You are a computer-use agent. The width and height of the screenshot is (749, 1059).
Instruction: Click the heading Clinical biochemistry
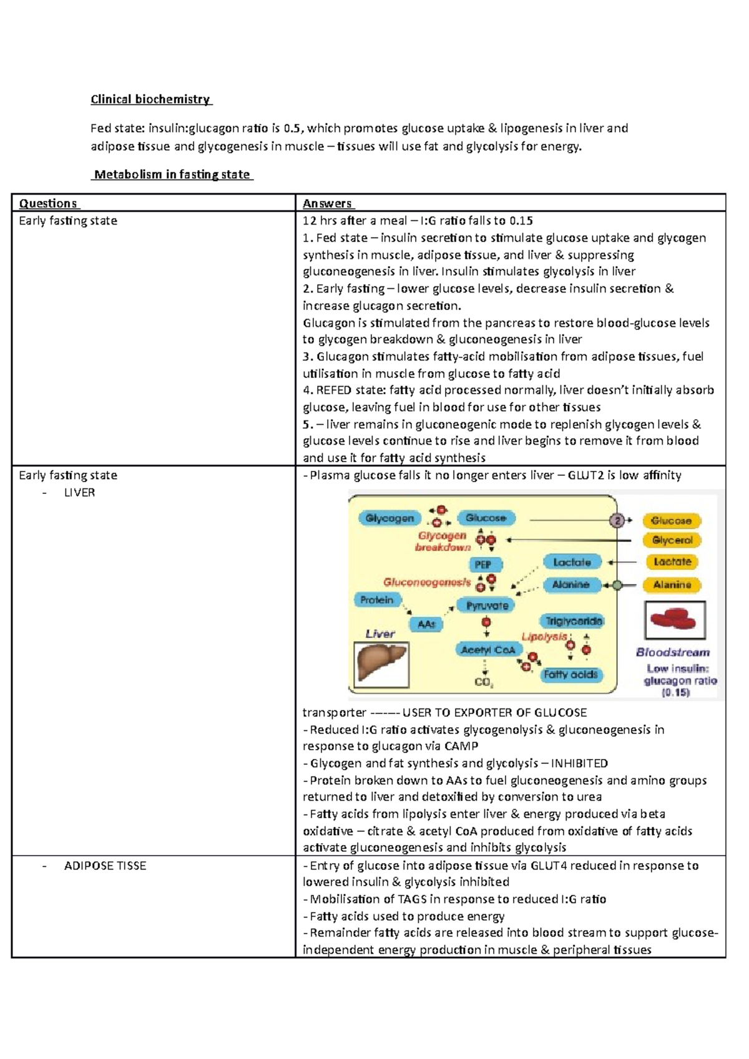coord(150,99)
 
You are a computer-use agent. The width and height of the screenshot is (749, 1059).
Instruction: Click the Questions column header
coord(48,203)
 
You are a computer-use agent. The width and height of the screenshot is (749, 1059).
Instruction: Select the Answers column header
coord(327,203)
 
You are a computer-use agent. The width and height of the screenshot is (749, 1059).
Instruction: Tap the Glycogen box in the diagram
coord(389,518)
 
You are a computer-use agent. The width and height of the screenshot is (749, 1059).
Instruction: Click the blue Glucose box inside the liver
coord(486,518)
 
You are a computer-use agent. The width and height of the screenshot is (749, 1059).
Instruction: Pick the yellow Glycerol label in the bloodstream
coord(672,540)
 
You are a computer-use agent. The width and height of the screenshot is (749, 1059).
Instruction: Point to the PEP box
coord(482,564)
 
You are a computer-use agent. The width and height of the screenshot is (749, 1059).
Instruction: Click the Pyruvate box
coord(487,606)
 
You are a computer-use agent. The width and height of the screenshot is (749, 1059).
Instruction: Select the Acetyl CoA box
coord(488,650)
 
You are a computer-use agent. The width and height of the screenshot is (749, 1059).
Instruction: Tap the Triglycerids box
coord(574,621)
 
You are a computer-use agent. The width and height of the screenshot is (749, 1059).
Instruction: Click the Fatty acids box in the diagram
coord(570,674)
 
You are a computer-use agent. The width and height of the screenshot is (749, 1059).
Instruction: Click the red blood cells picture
coord(675,620)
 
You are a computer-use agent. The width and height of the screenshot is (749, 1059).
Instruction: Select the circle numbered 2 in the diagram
coord(617,521)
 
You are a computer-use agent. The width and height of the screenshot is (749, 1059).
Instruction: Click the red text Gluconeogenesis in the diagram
coord(427,583)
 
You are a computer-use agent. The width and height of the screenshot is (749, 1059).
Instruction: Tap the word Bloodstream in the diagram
coord(673,652)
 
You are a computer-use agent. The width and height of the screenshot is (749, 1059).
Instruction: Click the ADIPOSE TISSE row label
coord(105,866)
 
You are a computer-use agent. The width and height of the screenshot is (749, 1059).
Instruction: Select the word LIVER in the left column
coord(79,493)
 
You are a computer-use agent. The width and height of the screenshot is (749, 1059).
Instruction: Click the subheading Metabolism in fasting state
coord(172,175)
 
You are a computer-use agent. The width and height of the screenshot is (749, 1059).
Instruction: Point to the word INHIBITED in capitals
coord(579,763)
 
